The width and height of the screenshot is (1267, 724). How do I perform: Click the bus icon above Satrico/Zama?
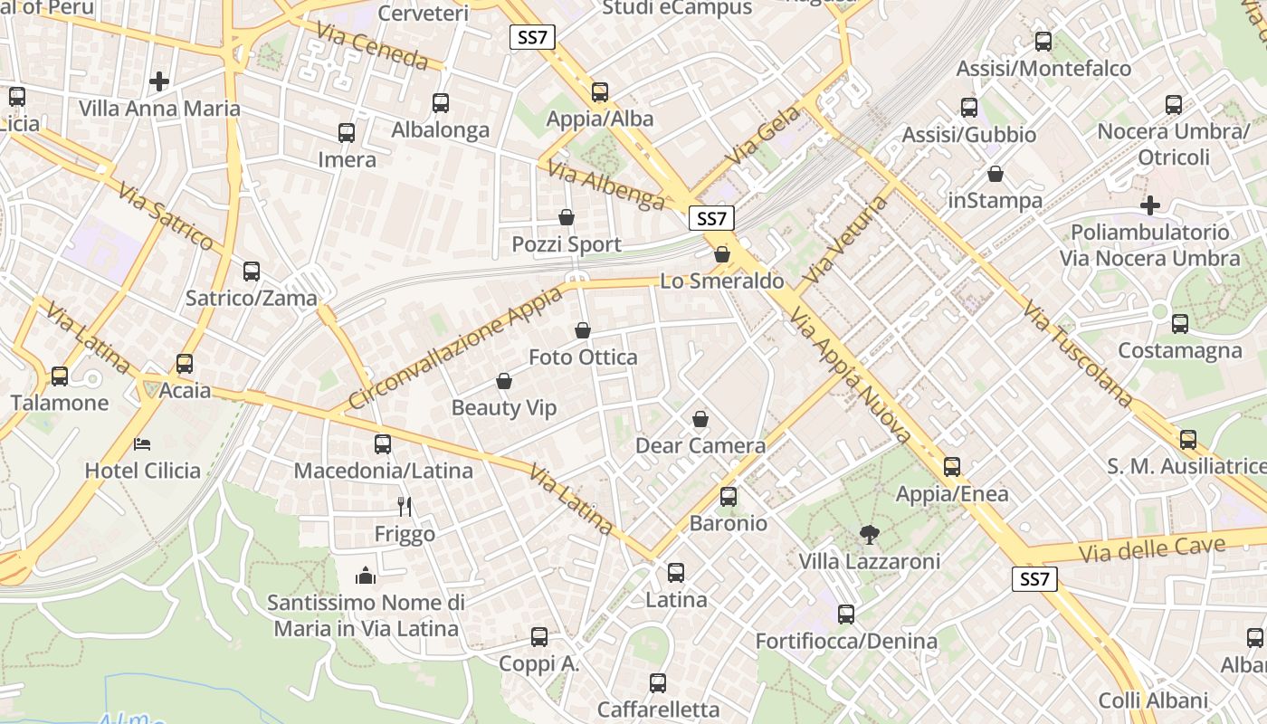click(252, 271)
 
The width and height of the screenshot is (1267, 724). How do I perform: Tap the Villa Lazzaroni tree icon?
click(870, 534)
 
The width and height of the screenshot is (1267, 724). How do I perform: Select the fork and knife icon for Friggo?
click(405, 507)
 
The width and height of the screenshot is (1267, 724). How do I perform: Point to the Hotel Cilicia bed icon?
click(142, 443)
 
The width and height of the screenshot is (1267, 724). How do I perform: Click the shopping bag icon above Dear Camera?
click(700, 419)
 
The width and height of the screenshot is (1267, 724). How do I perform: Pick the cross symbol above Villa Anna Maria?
click(159, 81)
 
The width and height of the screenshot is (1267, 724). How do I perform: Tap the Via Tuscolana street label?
click(1078, 353)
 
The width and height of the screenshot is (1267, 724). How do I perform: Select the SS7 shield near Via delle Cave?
click(1034, 579)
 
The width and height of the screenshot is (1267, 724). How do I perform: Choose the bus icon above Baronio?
click(729, 496)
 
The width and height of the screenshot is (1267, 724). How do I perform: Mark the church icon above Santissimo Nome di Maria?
click(366, 575)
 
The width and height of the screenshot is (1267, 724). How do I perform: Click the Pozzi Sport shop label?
click(567, 244)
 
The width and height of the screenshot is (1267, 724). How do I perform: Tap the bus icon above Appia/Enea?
click(952, 467)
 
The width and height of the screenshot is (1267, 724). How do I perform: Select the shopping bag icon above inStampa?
click(995, 174)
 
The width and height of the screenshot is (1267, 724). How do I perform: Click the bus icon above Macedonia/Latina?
click(383, 443)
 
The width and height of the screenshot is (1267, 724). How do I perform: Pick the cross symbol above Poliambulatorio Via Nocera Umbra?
click(1150, 205)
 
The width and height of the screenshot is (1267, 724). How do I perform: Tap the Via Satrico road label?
click(165, 215)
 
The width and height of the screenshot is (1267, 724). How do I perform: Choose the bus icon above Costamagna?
click(1180, 323)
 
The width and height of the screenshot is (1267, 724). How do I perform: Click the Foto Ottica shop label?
click(583, 357)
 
